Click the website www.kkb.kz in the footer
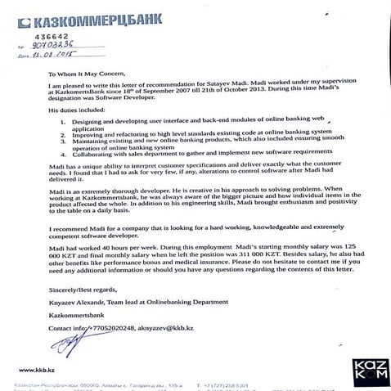pos(37,370)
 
